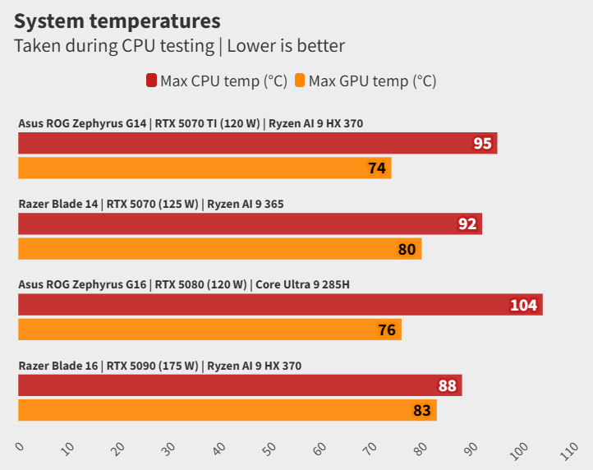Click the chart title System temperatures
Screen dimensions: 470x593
[117, 20]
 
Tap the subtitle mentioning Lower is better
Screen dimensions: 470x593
[179, 46]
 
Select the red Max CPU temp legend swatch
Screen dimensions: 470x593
[152, 81]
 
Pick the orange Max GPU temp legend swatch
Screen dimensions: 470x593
[300, 81]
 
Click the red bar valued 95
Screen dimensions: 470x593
[257, 144]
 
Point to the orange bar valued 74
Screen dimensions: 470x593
[205, 168]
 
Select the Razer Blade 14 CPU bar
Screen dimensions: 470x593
[250, 223]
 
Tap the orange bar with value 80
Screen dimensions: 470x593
[219, 248]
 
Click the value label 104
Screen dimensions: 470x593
[523, 306]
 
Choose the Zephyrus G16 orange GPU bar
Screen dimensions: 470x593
[209, 329]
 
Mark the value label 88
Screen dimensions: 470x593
[448, 385]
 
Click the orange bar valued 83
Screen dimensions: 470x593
[227, 409]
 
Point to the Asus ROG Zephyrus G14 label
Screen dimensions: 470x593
[82, 124]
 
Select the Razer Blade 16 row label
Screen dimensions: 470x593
[58, 366]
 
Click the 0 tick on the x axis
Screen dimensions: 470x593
[21, 447]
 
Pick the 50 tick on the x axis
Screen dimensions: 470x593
[269, 449]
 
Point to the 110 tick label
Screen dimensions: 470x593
[569, 451]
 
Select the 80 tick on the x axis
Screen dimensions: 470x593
[421, 449]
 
